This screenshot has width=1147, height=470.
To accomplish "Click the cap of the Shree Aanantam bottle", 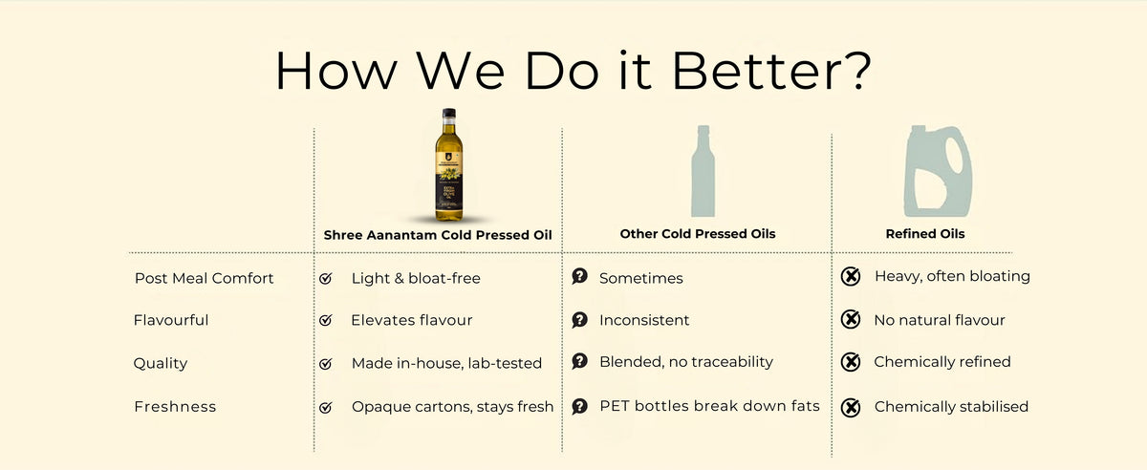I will [x=447, y=113].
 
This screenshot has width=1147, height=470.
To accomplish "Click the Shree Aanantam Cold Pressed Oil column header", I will [x=439, y=234].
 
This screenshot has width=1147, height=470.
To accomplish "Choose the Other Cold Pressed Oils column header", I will [x=698, y=234].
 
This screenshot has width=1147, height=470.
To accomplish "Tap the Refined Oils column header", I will [x=925, y=234].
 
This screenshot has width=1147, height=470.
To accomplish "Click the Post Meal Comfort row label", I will [x=204, y=278].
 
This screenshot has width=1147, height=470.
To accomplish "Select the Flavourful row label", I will [x=171, y=320].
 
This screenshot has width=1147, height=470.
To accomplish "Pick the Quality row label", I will [x=161, y=363].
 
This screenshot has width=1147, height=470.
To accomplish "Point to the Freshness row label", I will [x=175, y=406].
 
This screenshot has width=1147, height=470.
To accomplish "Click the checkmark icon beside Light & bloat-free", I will [x=326, y=278].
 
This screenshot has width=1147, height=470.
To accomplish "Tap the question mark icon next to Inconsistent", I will [x=579, y=320].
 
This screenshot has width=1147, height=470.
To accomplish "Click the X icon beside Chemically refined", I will [x=850, y=362].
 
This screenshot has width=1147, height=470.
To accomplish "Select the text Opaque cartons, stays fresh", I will [x=452, y=406].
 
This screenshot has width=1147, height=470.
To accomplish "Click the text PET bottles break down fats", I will [x=709, y=406].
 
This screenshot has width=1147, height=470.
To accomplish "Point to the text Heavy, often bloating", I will [x=952, y=276].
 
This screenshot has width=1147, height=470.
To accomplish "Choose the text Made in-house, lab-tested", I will [x=446, y=363].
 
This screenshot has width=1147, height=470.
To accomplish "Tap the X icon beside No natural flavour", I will [x=850, y=320].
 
